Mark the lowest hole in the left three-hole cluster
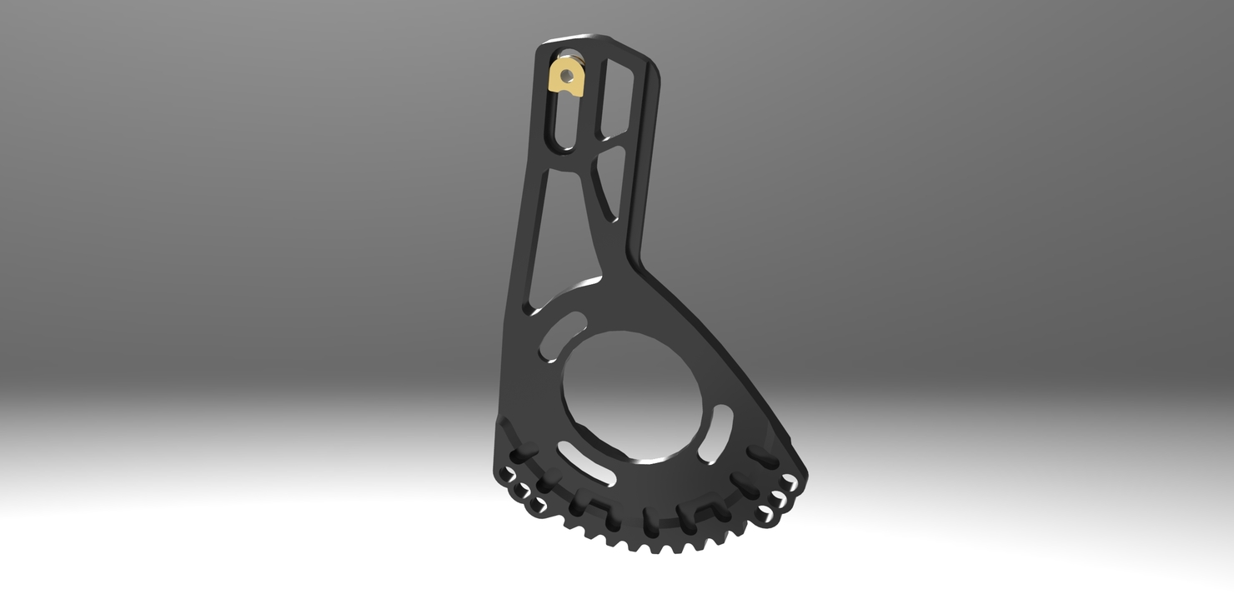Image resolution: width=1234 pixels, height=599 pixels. pyautogui.click(x=534, y=505)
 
